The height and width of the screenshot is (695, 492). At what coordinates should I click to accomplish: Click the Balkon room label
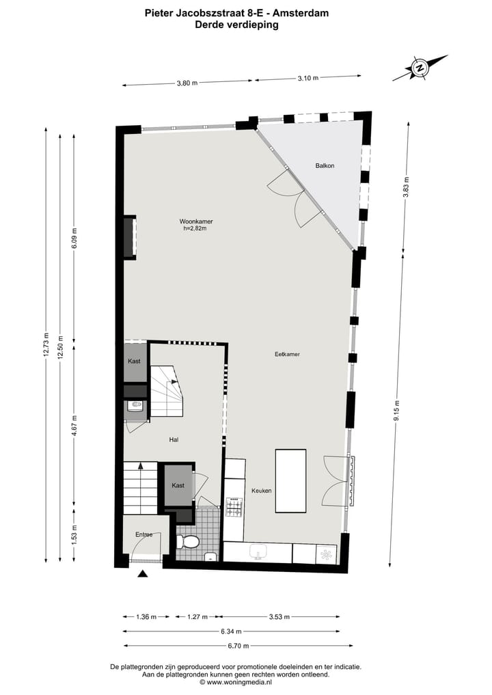coord(325,166)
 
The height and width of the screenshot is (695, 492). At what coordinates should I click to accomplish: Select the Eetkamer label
coord(288,354)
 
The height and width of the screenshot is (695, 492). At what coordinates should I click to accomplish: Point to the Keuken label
coord(262,491)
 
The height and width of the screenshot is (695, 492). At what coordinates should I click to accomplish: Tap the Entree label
coord(143,534)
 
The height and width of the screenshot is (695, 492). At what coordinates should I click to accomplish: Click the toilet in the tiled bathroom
coord(188,542)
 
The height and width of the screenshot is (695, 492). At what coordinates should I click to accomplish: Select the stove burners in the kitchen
coord(234,506)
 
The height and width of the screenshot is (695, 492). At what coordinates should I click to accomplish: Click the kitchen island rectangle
coord(290,480)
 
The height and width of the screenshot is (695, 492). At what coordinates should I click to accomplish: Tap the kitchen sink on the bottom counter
coord(259,552)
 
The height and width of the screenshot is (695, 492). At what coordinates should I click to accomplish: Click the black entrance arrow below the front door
coord(142,573)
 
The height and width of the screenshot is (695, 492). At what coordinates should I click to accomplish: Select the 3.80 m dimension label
coord(187,83)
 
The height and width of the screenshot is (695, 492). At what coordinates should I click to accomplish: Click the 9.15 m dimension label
coord(397,412)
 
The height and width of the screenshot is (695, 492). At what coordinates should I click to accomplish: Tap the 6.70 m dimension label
coord(238,645)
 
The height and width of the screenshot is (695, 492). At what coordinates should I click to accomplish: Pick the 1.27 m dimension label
coord(197,617)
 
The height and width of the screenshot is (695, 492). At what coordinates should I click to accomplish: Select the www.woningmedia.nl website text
coord(238,682)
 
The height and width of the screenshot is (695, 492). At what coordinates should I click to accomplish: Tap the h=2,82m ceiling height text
coord(195,229)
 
